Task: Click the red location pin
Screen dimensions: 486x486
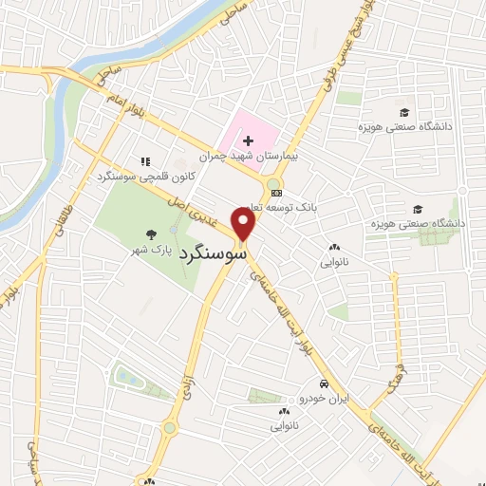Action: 245,224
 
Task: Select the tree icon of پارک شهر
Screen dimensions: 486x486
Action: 150,234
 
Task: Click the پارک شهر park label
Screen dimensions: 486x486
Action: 151,252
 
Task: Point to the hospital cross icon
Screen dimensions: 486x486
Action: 249,140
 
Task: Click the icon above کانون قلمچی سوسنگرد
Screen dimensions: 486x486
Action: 144,162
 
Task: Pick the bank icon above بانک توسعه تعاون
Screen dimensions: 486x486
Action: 276,194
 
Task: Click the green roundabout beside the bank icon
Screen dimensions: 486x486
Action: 274,183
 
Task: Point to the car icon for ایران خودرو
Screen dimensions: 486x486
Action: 324,384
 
